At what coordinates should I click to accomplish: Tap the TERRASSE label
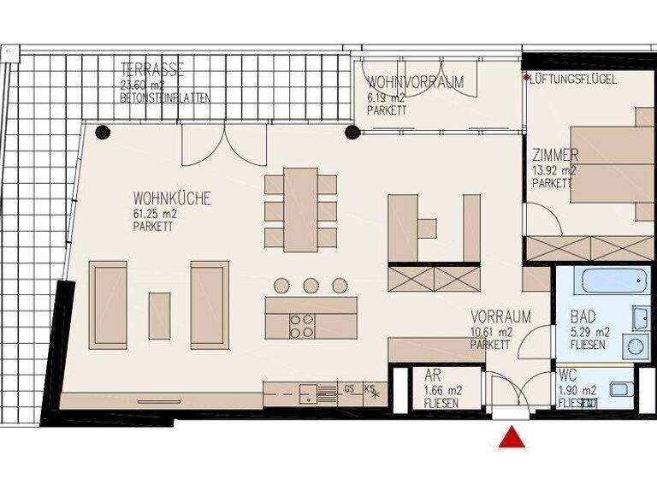[x=152, y=70]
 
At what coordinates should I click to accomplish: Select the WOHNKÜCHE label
[x=171, y=199]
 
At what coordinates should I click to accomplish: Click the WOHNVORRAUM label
[x=415, y=83]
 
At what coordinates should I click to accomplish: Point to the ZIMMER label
[x=555, y=156]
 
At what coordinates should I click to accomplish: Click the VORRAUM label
[x=500, y=317]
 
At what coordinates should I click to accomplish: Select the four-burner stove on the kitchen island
[x=302, y=325]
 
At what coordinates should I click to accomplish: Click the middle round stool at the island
[x=311, y=286]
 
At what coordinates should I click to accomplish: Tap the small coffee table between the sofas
[x=159, y=316]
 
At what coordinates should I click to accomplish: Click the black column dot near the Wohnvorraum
[x=352, y=131]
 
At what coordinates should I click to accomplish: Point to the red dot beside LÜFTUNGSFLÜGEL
[x=526, y=78]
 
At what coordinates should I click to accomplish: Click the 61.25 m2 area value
[x=154, y=214]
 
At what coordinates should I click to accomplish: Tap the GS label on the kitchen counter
[x=349, y=388]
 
